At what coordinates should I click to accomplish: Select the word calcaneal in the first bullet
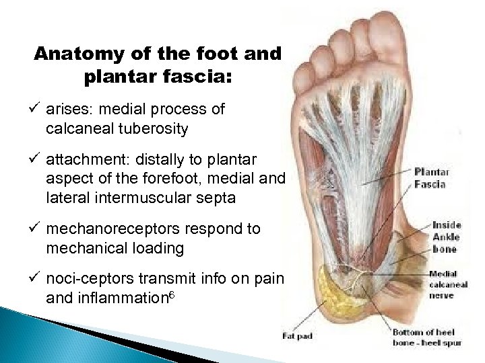(x=76, y=127)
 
